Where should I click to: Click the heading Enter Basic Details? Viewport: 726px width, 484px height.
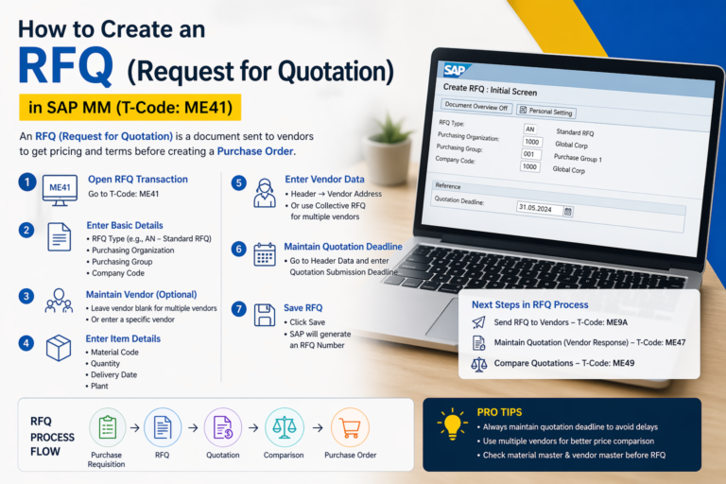pyautogui.click(x=124, y=225)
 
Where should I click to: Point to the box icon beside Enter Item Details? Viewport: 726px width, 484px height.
pyautogui.click(x=59, y=349)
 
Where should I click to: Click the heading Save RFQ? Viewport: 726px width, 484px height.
pyautogui.click(x=302, y=307)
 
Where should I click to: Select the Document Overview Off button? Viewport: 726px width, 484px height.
pyautogui.click(x=476, y=107)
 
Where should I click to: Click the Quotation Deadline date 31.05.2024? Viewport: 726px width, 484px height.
pyautogui.click(x=539, y=207)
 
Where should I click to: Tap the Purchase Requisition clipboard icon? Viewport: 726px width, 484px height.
pyautogui.click(x=106, y=426)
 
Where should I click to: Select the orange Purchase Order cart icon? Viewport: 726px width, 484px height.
pyautogui.click(x=350, y=426)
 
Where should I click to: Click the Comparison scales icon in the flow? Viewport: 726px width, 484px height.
pyautogui.click(x=284, y=426)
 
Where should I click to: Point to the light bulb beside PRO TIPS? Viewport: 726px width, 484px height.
pyautogui.click(x=452, y=423)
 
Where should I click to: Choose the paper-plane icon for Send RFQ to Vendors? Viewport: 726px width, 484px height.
pyautogui.click(x=477, y=323)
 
